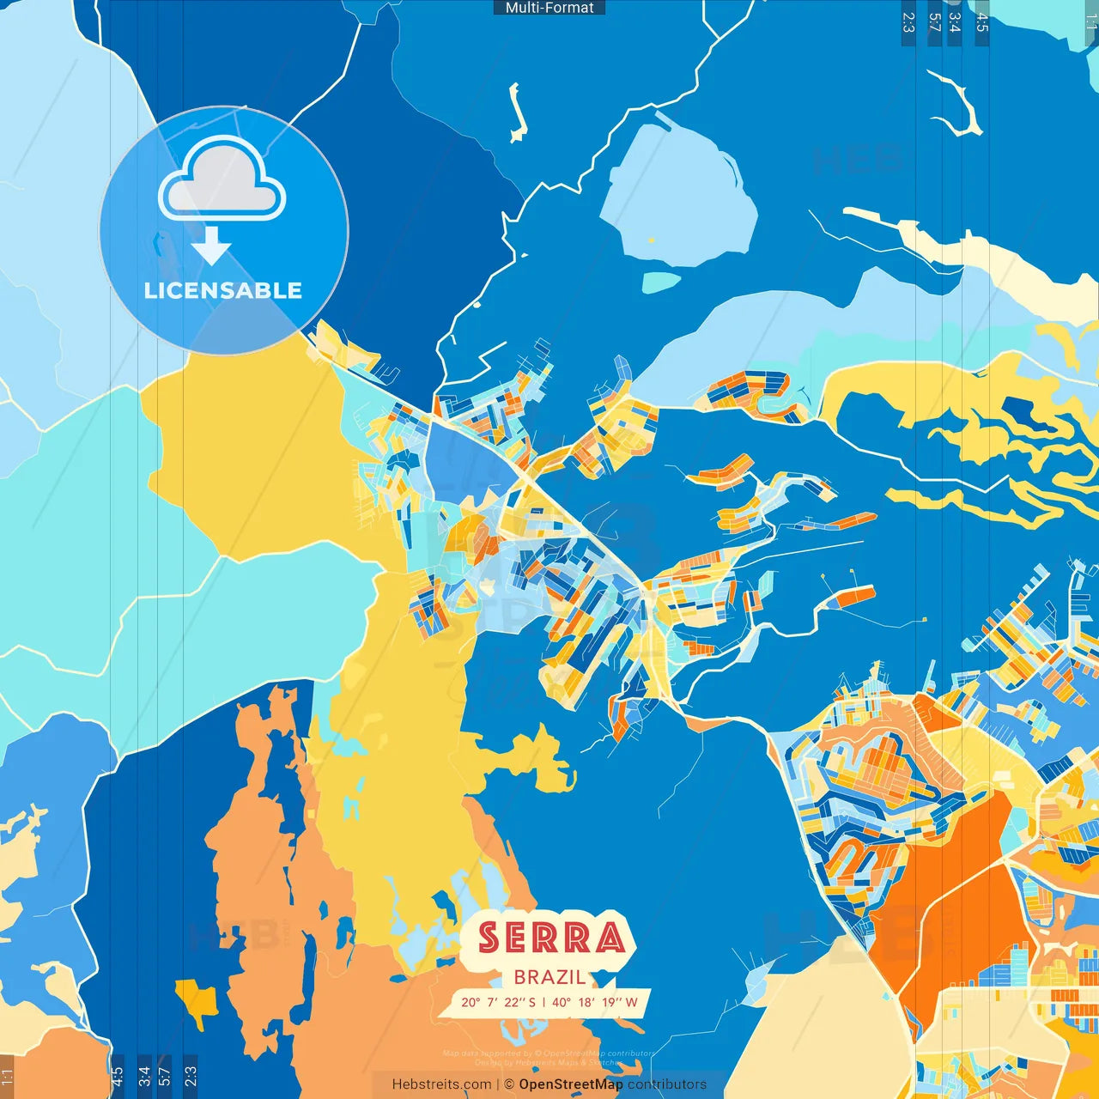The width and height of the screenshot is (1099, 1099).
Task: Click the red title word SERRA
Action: [550, 938]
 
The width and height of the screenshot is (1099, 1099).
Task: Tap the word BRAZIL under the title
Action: [549, 977]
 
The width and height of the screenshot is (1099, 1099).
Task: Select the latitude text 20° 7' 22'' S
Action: [498, 1002]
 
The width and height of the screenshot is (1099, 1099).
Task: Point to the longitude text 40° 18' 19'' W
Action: [594, 1002]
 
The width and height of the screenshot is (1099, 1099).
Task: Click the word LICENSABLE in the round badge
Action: [223, 290]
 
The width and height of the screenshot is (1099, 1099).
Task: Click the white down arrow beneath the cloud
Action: [211, 246]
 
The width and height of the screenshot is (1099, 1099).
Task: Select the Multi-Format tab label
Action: [549, 8]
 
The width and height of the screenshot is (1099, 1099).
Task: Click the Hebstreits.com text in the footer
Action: [441, 1084]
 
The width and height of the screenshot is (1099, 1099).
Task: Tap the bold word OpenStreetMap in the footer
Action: [570, 1084]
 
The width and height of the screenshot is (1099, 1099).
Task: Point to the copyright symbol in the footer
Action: [508, 1084]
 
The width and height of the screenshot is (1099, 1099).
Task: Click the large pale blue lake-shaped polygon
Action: [678, 197]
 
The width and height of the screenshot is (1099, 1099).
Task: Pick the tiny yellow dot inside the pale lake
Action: [652, 240]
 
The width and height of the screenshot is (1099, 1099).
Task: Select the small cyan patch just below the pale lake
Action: [661, 282]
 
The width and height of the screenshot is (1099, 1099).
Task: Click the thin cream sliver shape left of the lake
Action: [516, 112]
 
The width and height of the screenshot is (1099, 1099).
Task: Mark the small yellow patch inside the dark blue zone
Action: [197, 999]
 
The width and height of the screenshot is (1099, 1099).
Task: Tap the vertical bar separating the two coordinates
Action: [543, 1002]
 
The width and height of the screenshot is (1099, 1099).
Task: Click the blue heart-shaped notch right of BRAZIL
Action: [604, 978]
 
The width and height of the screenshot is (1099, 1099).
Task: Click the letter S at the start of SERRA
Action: [489, 938]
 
